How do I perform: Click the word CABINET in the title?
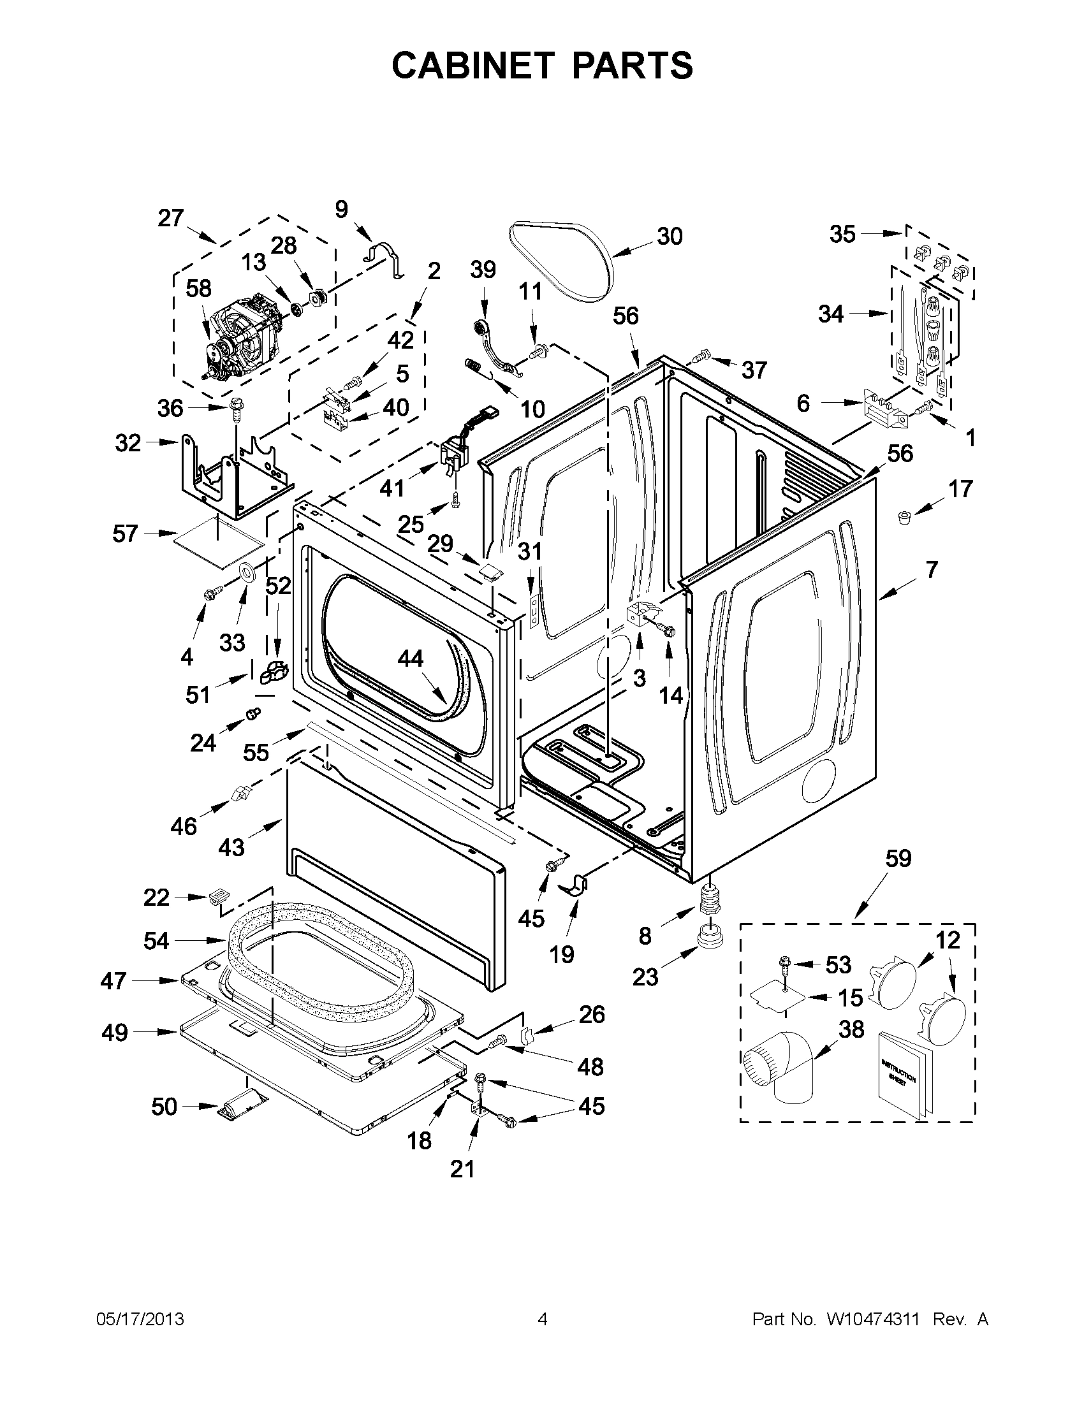[x=472, y=65]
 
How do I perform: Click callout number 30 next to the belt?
[x=670, y=236]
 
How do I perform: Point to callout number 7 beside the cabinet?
[x=932, y=569]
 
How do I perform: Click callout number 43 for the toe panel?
[x=231, y=847]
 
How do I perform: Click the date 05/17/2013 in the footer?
[x=140, y=1319]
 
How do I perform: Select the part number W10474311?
[x=868, y=1319]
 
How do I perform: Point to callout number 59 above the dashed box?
[x=898, y=857]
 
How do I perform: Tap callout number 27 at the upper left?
[x=171, y=219]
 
